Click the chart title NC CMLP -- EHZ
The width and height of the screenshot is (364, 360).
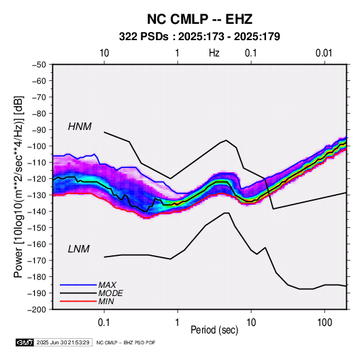click(x=199, y=19)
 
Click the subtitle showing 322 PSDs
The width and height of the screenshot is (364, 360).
click(x=199, y=37)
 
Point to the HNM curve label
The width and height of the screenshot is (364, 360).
click(x=80, y=127)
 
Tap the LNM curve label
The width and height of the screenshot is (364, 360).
click(x=79, y=249)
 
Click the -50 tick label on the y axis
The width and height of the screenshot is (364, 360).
click(x=39, y=65)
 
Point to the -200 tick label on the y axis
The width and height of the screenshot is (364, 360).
click(x=37, y=310)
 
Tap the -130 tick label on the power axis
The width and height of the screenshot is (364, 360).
click(x=37, y=195)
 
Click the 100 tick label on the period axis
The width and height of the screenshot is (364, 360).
click(x=325, y=323)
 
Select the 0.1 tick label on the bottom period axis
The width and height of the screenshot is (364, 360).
click(x=104, y=323)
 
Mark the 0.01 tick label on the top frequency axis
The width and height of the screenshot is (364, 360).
click(x=324, y=53)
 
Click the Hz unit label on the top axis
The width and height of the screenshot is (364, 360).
click(x=214, y=53)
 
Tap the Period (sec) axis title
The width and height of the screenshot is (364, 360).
click(x=214, y=330)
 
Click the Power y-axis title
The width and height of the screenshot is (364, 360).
click(x=18, y=186)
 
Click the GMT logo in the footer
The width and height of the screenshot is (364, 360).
click(x=24, y=342)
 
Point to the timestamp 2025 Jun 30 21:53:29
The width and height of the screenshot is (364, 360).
click(x=63, y=342)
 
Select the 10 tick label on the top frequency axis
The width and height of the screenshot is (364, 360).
click(x=104, y=53)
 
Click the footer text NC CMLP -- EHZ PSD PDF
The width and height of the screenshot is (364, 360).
click(x=126, y=342)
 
